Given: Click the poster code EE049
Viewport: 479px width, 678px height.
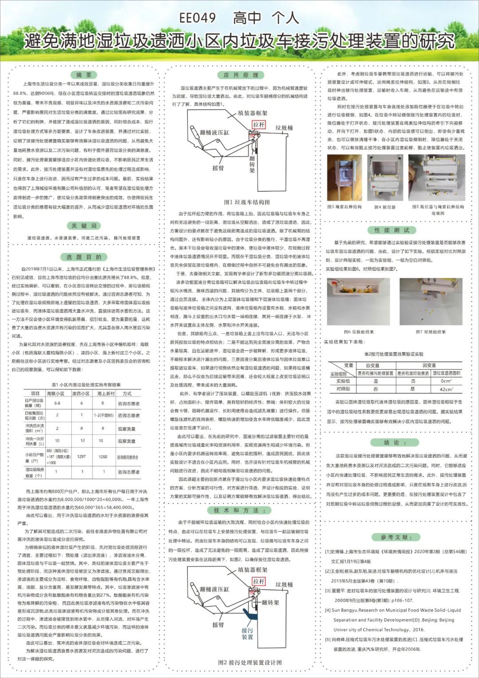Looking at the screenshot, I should tap(197, 18).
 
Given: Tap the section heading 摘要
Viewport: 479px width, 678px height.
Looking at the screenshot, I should tap(83, 75).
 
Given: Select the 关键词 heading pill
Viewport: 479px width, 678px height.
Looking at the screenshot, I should tap(83, 226).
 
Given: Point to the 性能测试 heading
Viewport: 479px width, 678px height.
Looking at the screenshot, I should tap(395, 230).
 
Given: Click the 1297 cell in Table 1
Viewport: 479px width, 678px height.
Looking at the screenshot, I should tap(82, 456).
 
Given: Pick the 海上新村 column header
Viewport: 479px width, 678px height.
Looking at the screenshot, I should tap(106, 393).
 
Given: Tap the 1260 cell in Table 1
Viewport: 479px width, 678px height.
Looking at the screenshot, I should tap(103, 456).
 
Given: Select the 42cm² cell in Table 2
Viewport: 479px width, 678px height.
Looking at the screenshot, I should tap(446, 389).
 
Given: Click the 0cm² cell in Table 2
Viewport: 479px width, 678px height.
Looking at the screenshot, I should tap(446, 381).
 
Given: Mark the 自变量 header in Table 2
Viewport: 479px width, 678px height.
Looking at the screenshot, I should tap(373, 365).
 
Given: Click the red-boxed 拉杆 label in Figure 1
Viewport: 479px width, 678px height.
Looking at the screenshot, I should tap(259, 125).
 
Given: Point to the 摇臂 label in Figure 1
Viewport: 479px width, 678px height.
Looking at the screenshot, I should tap(218, 168).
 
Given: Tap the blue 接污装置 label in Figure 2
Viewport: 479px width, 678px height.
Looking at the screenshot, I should tap(247, 633).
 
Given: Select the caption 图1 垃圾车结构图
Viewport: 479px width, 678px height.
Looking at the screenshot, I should tap(247, 202).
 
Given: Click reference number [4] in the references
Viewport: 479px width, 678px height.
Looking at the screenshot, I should tap(328, 610).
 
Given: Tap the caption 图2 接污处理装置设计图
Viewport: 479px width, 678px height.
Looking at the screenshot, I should tap(250, 662).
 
